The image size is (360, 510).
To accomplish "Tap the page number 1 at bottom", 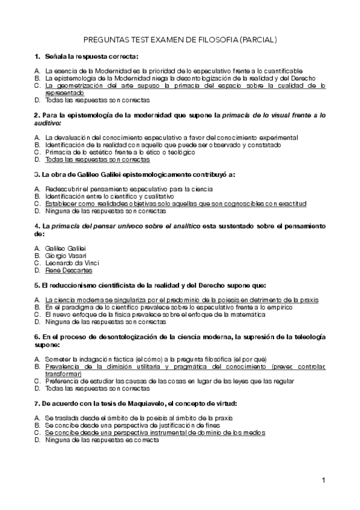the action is pos(324,480).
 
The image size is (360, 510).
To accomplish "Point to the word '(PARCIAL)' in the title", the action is pos(258,40).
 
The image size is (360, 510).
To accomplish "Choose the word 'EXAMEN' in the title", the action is pos(166,40).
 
